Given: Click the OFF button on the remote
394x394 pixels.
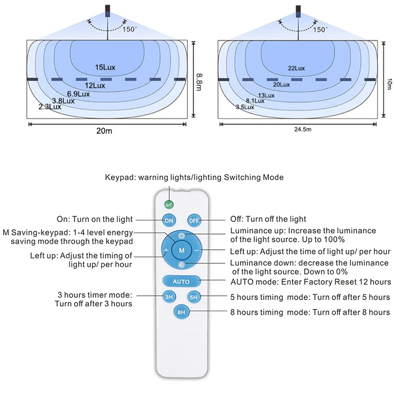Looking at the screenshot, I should coord(194,220).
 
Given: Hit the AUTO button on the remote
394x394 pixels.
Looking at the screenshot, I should coord(181,282).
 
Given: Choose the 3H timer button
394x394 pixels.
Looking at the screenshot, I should coord(169,297).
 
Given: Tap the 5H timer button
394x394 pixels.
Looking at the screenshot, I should coord(194,297).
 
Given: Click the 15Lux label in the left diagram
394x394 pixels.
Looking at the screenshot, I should coord(105,68).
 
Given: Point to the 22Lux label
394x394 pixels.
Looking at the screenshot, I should coord(296,68).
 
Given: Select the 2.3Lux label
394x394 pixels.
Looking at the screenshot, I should coord(50,107).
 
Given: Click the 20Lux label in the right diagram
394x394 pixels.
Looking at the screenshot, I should coord(281,84).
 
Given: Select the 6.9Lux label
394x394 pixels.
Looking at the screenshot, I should coord(78,93).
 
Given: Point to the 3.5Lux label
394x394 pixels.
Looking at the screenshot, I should coord(245,107).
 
